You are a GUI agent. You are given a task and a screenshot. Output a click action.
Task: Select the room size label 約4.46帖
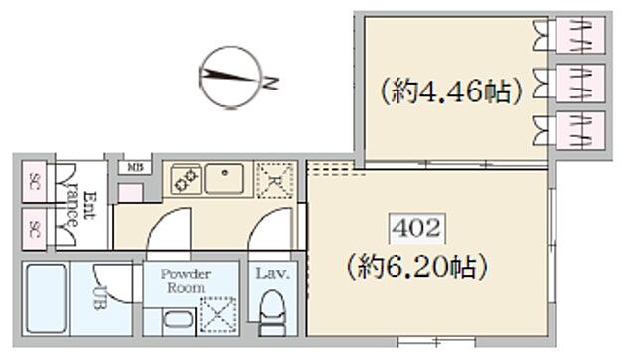[x=449, y=94]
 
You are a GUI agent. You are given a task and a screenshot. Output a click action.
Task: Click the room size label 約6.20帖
[x=417, y=268]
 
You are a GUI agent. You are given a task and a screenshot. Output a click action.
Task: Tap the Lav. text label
[x=271, y=273]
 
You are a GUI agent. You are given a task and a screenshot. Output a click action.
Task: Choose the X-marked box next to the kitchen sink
[x=273, y=179]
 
